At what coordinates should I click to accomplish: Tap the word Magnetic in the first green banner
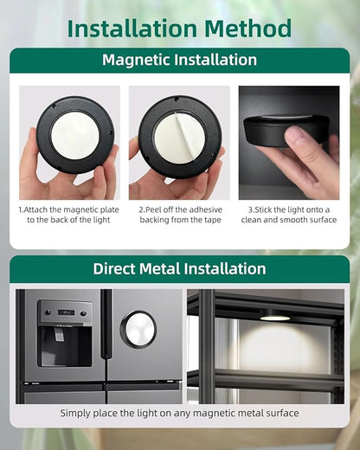pos(136,60)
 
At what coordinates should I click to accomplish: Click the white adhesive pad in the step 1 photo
pos(75,135)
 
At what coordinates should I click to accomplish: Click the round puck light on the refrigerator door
pos(138,329)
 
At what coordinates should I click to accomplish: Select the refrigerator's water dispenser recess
pos(65,346)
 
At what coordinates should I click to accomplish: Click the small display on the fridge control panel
pos(66,312)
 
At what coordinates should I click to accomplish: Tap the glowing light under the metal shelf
pos(274,318)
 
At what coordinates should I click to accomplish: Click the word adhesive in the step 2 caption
pos(202,209)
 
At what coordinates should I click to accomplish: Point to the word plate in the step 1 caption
pos(109,210)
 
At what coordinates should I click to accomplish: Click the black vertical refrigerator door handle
pos(106,324)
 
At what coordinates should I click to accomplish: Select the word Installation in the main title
pos(132,29)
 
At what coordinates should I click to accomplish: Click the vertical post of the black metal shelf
pos(206,346)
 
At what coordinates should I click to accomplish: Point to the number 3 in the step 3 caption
pos(250,210)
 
